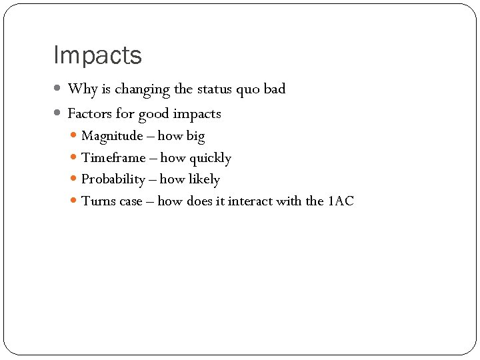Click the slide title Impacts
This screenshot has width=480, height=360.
pos(97,55)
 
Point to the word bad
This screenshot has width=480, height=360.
pos(274,89)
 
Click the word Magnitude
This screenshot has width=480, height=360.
pos(112,137)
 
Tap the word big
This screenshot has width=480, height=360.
pos(195,137)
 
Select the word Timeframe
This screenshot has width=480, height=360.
pos(113,158)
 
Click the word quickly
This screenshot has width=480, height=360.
pos(210,159)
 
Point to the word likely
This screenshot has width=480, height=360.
pos(204,180)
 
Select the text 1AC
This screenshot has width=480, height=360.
pos(341,201)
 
